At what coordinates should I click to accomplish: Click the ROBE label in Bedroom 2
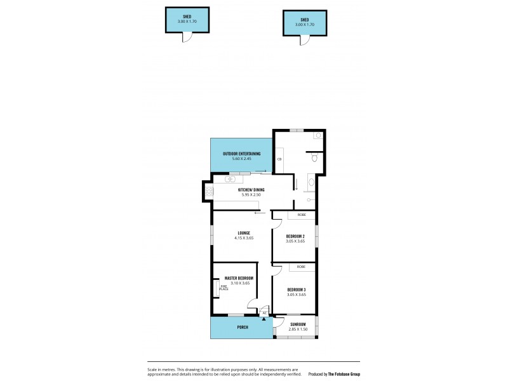pos(301,215)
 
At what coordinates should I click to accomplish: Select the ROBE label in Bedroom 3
pos(301,267)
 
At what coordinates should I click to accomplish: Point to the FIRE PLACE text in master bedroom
pos(224,288)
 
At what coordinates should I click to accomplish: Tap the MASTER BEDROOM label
pos(239,278)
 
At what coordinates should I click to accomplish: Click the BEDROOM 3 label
pos(296,289)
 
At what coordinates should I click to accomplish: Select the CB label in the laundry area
pos(279,159)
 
